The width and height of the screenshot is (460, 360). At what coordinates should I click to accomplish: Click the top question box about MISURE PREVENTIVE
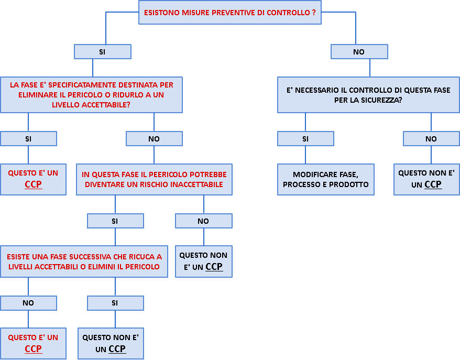[229, 13]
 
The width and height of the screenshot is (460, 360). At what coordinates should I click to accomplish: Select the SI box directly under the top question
[102, 52]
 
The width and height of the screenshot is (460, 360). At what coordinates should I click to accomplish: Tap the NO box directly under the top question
[359, 52]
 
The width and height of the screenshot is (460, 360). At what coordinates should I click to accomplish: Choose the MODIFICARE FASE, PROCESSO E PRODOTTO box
[325, 180]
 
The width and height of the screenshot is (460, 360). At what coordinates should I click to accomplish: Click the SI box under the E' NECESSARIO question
[305, 139]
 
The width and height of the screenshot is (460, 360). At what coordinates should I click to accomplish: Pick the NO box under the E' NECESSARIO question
[431, 139]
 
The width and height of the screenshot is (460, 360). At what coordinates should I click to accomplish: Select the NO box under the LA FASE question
[154, 139]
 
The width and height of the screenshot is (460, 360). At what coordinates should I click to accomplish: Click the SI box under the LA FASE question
[28, 139]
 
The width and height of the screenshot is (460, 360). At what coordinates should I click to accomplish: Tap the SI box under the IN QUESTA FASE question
[115, 221]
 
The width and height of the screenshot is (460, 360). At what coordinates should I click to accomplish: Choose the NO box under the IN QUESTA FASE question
[203, 221]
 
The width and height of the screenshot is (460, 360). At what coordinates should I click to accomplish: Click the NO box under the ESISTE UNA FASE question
[28, 303]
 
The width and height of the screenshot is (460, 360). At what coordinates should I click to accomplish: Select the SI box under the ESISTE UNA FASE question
[115, 303]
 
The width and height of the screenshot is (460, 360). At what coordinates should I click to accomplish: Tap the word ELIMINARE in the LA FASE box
[26, 95]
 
